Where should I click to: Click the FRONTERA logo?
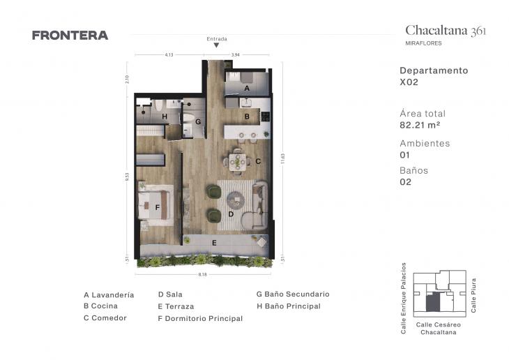coord(70,36)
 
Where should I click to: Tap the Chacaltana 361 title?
coord(446,30)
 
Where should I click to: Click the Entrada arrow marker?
coord(217,45)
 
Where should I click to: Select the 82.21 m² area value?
coord(420,126)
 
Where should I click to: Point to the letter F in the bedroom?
coord(158,207)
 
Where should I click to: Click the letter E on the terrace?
coord(214,242)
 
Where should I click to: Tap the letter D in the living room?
coord(230,214)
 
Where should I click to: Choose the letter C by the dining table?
coord(258,162)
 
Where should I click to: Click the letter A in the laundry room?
coord(247,89)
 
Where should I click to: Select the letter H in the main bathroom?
coord(165,117)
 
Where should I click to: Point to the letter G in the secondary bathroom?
coord(198,121)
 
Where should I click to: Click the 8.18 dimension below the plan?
coord(203,275)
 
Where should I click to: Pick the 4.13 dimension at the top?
coord(169,54)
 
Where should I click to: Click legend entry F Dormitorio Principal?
coord(200,319)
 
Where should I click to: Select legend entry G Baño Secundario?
coord(292,294)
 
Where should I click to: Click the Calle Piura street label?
coord(474,295)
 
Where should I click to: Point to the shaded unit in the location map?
coord(433,301)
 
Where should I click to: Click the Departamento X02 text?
coord(433,76)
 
